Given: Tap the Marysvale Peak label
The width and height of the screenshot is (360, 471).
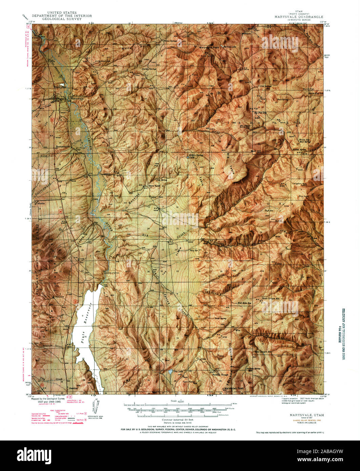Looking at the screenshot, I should click(x=209, y=48).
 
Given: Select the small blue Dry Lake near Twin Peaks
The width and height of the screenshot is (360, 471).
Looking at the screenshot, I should click(x=170, y=372).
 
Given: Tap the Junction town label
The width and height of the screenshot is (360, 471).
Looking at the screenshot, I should click(x=73, y=388).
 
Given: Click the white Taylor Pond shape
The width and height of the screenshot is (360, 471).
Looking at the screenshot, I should click(x=62, y=85).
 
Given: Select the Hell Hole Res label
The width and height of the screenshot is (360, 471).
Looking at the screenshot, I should click(x=244, y=303).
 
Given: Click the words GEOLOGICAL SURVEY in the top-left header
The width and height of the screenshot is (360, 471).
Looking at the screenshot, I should click(x=62, y=19).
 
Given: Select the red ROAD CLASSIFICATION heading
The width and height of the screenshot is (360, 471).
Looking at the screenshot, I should click(x=40, y=409).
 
